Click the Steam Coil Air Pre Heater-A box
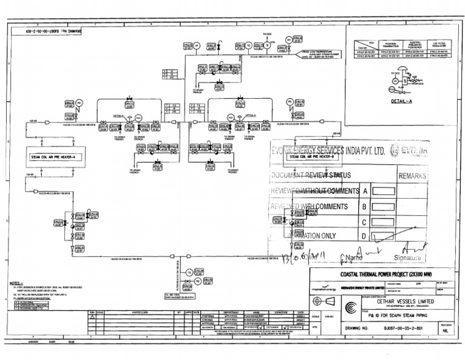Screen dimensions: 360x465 pyautogui.click(x=55, y=156)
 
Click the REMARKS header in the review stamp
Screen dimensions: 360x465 pyautogui.click(x=412, y=176)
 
